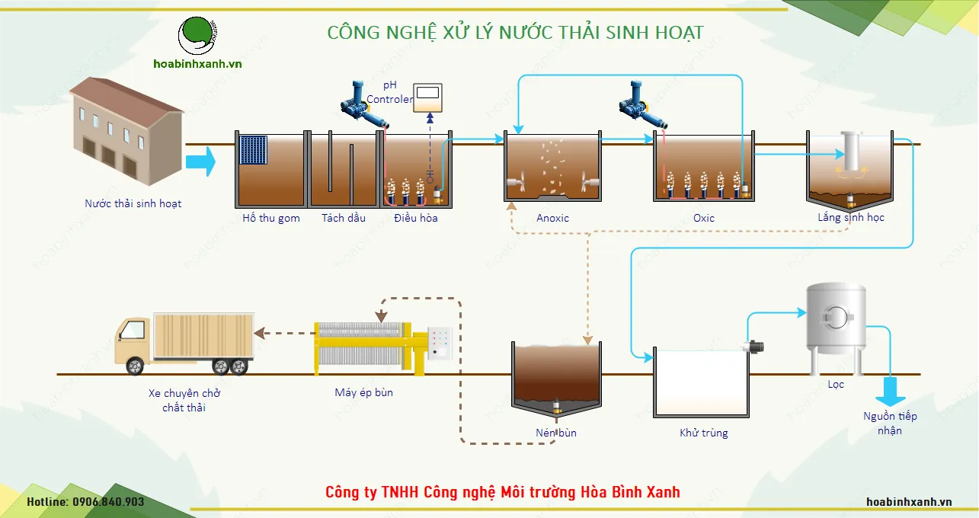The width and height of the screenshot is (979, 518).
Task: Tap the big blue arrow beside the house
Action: click(200, 161)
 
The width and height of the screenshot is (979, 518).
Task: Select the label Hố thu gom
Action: click(271, 219)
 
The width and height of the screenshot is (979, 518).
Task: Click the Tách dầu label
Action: click(344, 218)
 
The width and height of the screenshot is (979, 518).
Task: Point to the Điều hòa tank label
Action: click(416, 219)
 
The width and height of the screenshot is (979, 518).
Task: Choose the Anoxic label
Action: click(552, 219)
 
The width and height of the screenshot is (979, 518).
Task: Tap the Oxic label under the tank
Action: click(704, 219)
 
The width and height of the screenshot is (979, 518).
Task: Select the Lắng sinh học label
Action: click(851, 218)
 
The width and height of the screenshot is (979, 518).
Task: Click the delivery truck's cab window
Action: click(133, 330)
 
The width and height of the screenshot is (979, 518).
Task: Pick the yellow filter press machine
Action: click(373, 347)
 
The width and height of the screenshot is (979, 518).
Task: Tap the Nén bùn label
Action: click(556, 433)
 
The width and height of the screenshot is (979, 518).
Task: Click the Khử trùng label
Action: click(704, 433)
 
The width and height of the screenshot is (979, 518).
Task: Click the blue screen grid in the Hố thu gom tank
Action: click(253, 149)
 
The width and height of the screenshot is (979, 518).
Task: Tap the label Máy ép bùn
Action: click(364, 393)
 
